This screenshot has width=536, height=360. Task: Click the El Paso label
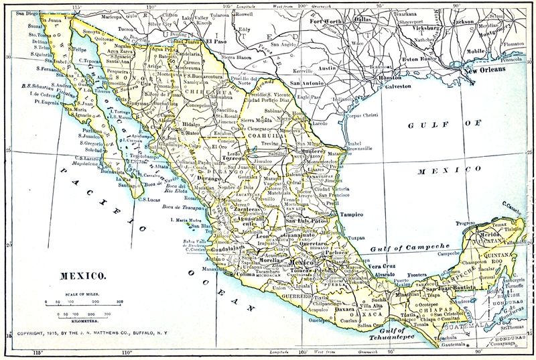(x=217, y=41)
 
